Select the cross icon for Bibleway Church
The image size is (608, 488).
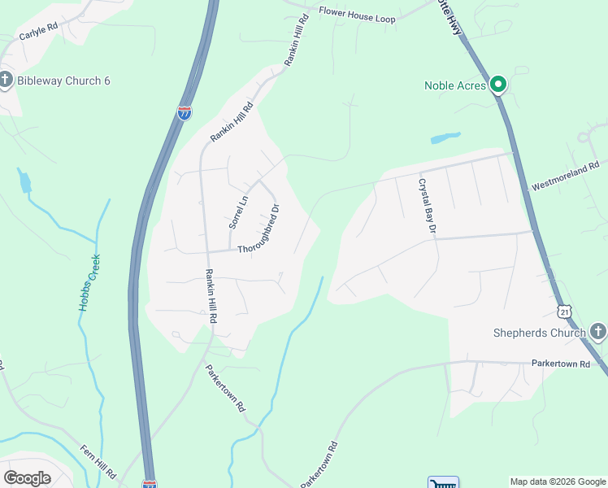[6, 81]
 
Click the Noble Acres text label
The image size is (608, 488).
[455, 85]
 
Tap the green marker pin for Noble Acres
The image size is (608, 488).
[498, 84]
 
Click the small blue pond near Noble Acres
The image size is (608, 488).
[445, 137]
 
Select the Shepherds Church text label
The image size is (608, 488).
[539, 333]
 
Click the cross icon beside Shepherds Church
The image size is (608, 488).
[597, 331]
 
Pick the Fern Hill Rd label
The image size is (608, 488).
[98, 460]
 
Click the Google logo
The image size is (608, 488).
[27, 478]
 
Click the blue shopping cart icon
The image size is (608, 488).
[443, 482]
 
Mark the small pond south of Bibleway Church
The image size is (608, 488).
[24, 182]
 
